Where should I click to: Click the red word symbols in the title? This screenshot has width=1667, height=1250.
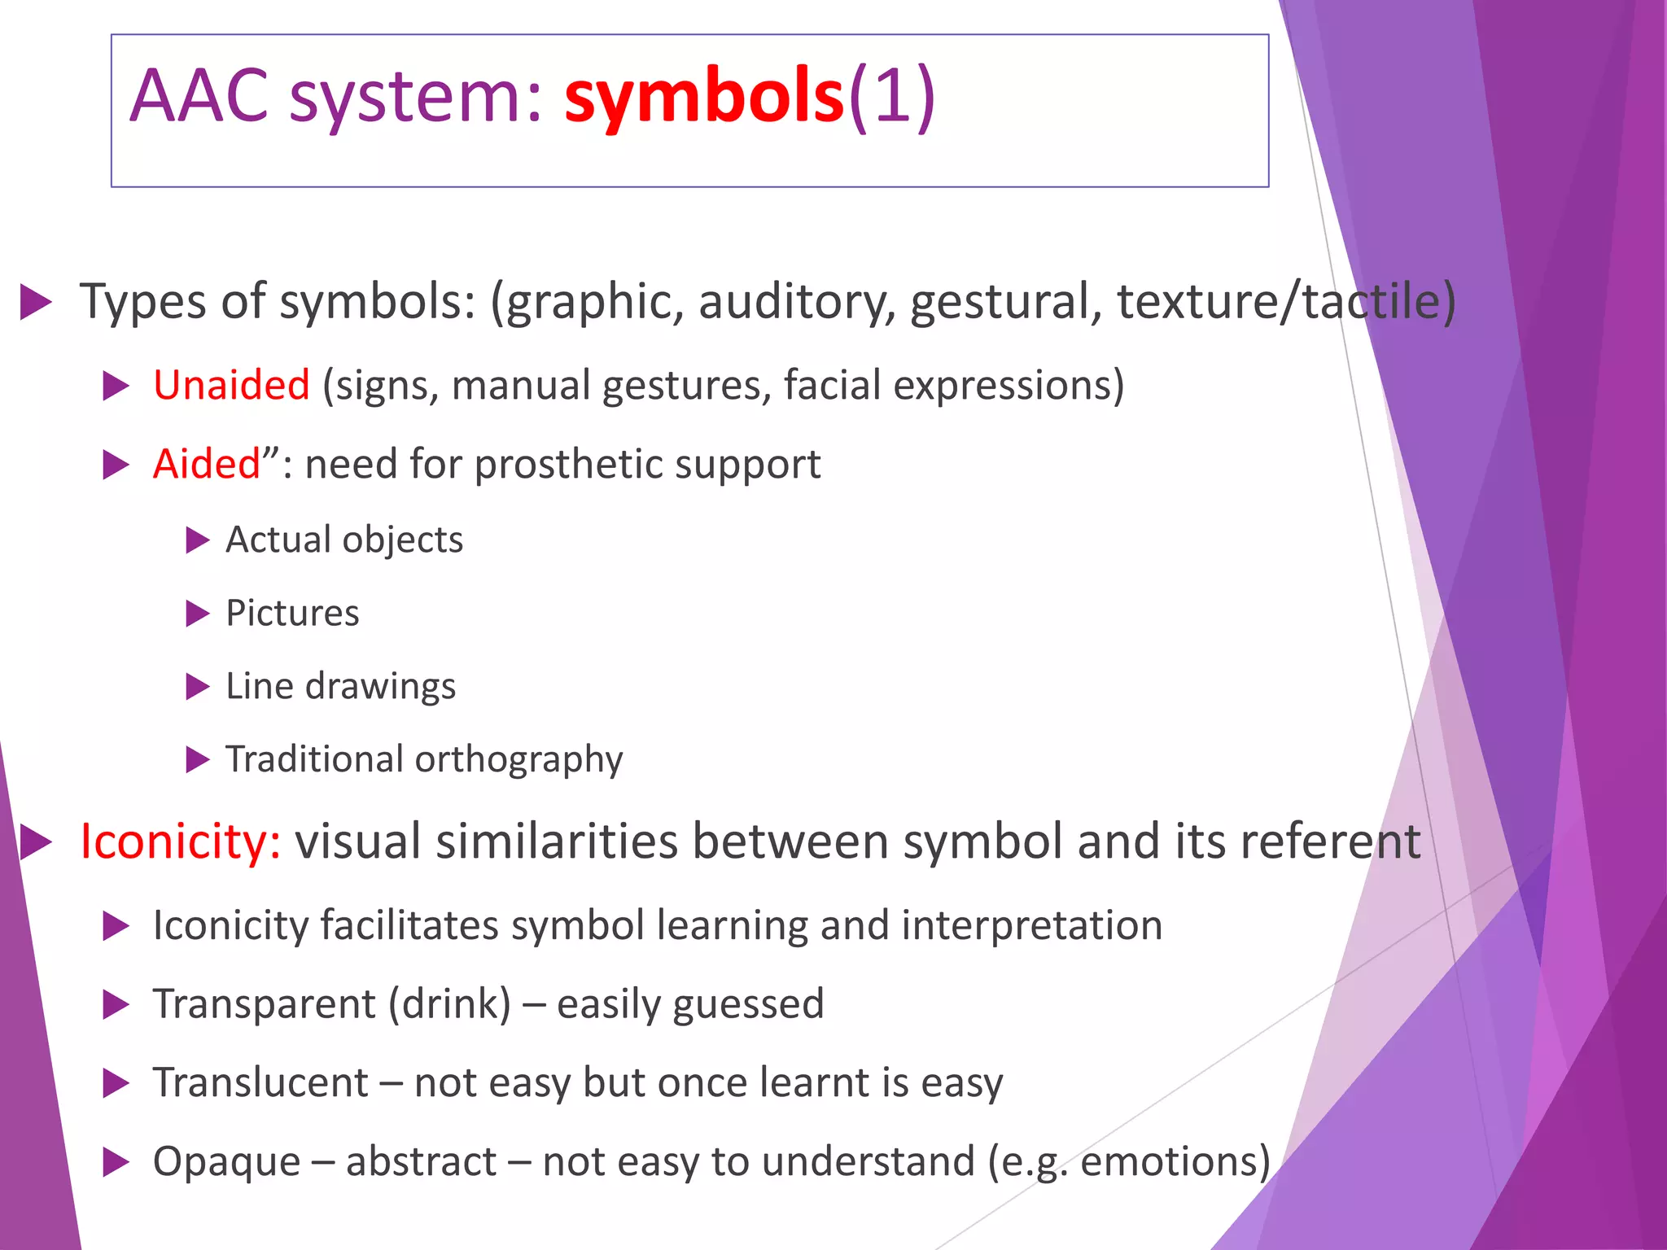click(x=704, y=96)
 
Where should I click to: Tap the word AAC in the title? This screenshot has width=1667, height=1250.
click(x=199, y=96)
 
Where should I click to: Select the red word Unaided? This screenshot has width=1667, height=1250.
click(x=231, y=385)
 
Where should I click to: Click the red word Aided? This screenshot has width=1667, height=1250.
click(x=207, y=464)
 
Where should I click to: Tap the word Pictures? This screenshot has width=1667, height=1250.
click(x=292, y=613)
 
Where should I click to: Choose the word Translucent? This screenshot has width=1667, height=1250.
click(x=260, y=1082)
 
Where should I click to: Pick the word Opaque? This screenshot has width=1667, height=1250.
click(x=226, y=1161)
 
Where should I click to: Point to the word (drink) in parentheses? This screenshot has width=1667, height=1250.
click(x=450, y=1003)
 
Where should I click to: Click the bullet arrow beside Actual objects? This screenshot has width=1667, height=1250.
click(x=198, y=540)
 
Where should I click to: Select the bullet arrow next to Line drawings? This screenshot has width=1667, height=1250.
click(x=198, y=687)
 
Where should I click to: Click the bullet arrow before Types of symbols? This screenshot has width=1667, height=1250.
click(x=36, y=302)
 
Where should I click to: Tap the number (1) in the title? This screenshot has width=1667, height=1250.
click(x=892, y=96)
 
